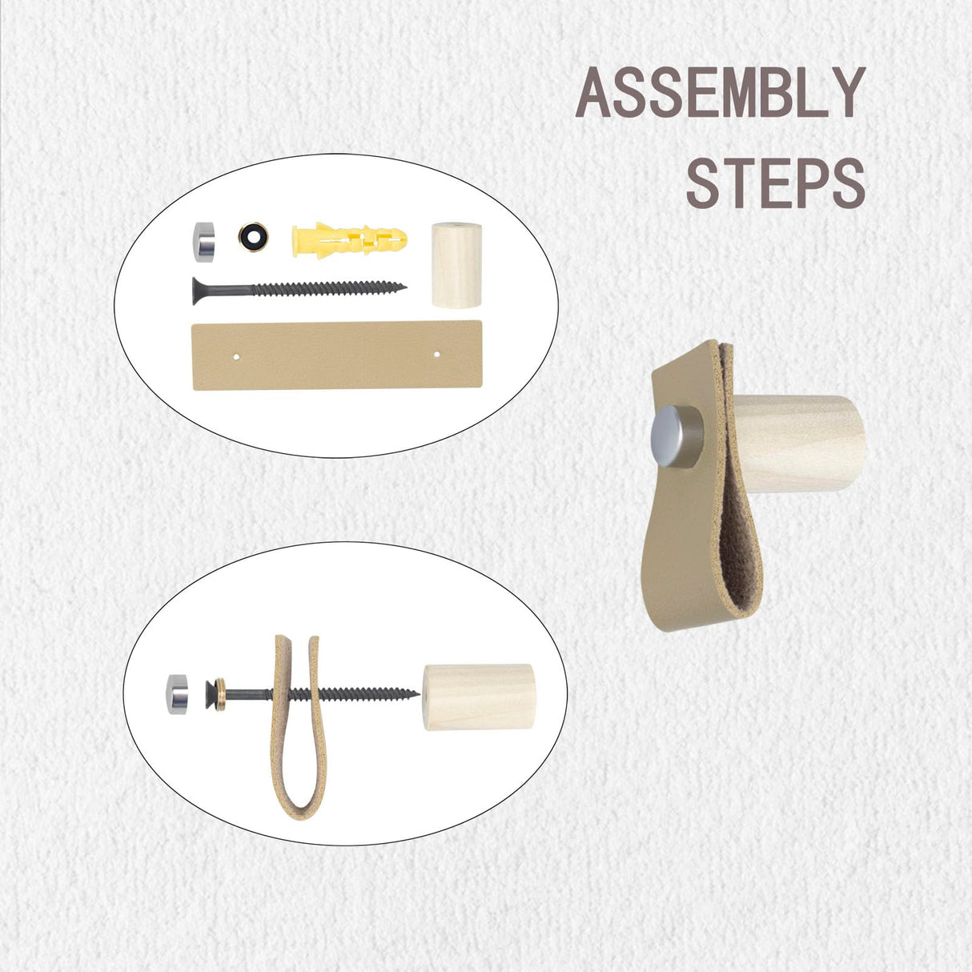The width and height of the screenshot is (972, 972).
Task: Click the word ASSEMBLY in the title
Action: (x=720, y=93)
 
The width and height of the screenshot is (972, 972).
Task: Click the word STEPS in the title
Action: (x=775, y=184)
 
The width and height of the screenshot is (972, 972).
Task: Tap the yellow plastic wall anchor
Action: (x=350, y=238)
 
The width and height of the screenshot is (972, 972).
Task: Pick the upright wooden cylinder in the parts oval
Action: (x=456, y=265)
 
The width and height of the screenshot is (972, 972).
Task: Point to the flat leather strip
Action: (x=337, y=355)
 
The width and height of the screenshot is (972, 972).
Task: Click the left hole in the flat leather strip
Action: (x=237, y=353)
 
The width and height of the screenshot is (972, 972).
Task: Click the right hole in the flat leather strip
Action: (x=437, y=352)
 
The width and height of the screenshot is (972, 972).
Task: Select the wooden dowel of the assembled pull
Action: (x=801, y=443)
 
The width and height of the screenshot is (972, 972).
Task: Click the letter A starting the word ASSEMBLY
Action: (x=593, y=94)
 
